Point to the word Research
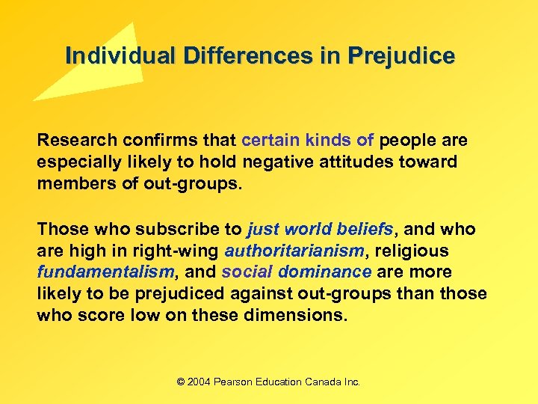tap(74, 141)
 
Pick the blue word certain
tap(268, 141)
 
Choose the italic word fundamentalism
tap(105, 272)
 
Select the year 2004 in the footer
tap(200, 382)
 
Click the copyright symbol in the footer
tap(181, 382)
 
